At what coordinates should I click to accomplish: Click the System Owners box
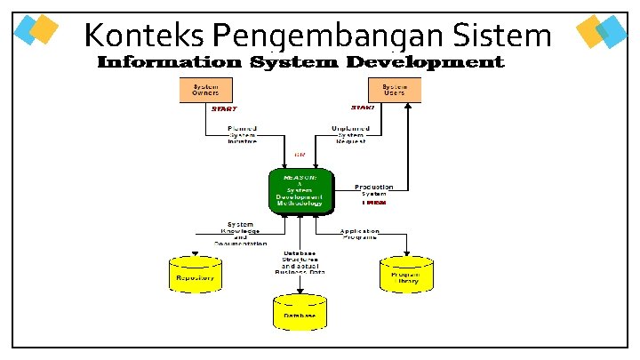coord(206,90)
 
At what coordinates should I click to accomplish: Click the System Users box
coord(395,90)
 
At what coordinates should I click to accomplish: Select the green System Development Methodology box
coord(300,190)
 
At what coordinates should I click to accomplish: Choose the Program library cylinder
coord(406,276)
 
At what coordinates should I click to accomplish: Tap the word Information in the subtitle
coord(169,62)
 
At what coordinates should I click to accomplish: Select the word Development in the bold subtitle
coord(425,62)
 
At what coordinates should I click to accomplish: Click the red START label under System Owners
coord(223,108)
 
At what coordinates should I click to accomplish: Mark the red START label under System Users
coord(363,108)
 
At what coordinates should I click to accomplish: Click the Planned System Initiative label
coord(242,134)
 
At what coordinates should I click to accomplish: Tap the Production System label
coord(373,190)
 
